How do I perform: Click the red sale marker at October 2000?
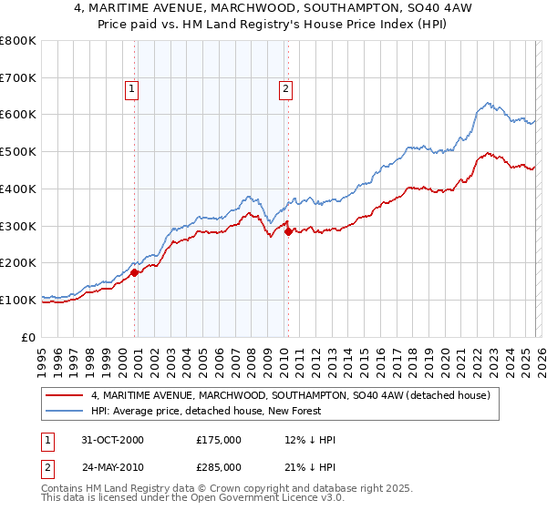point(135,271)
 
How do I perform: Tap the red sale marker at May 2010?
point(289,231)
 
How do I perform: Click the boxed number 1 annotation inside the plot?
point(132,89)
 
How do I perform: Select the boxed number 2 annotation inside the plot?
point(285,89)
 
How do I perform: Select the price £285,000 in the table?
point(219,467)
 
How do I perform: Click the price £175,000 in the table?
point(219,440)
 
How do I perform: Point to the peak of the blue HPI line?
point(488,103)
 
